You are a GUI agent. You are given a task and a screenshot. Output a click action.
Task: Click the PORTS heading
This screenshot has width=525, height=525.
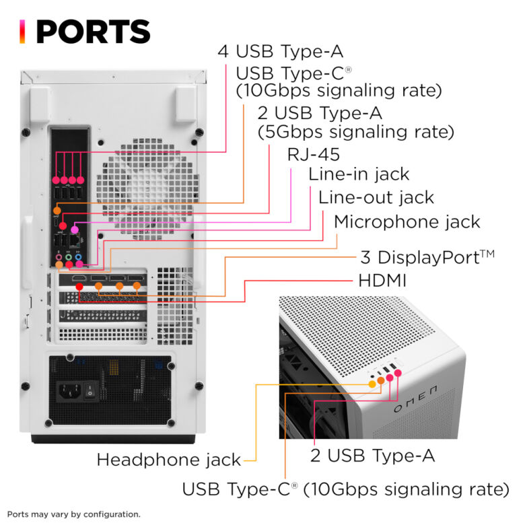point(93,32)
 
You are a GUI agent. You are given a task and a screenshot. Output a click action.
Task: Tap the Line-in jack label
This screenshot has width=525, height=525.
point(359,174)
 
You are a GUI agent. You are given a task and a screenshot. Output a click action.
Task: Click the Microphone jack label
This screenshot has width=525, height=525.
point(407,221)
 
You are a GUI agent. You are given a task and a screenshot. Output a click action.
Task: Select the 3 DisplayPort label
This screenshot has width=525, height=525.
point(436,257)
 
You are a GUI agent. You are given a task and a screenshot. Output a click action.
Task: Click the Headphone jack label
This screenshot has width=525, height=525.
point(168,460)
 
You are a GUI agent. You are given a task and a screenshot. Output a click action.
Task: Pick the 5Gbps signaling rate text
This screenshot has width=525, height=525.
point(356,131)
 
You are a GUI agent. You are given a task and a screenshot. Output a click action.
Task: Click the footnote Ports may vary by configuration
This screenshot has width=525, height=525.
point(73,514)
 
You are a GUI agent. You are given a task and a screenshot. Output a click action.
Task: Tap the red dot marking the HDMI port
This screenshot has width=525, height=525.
point(80,287)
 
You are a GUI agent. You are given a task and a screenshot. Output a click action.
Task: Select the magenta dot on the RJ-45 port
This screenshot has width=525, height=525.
point(75,230)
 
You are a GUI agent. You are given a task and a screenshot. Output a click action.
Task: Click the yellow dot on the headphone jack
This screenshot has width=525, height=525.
point(372,384)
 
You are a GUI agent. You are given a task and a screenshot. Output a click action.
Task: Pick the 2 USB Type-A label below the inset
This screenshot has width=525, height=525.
point(372,456)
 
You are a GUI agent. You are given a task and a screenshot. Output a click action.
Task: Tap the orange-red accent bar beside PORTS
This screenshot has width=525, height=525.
point(23,31)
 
